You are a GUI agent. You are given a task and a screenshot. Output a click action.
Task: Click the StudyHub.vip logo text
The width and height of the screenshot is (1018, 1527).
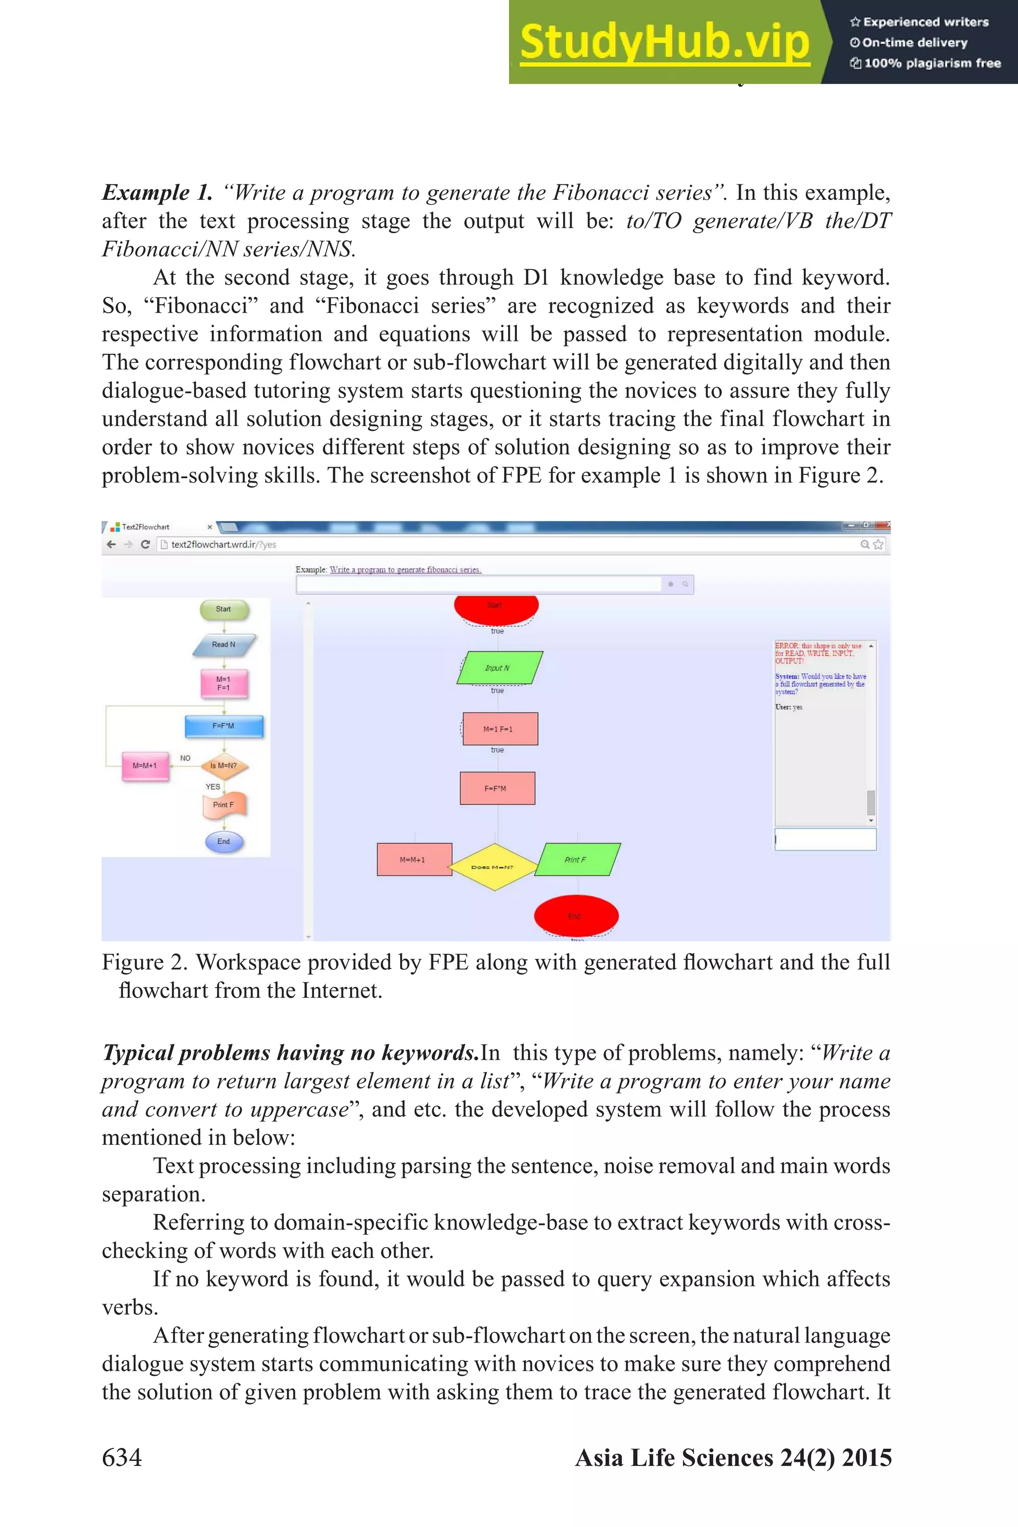[x=664, y=43]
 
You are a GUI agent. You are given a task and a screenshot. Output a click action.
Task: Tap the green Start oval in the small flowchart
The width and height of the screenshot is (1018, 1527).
[x=223, y=609]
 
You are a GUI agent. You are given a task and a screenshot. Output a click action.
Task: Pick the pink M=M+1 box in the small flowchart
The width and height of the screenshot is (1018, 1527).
[x=145, y=766]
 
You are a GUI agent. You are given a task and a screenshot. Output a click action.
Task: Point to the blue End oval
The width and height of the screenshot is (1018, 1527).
[x=223, y=842]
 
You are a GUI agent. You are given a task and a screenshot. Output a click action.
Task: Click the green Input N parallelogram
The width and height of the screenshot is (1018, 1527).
[x=499, y=668]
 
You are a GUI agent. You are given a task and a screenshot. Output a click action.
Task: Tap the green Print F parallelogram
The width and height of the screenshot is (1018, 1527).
[x=577, y=859]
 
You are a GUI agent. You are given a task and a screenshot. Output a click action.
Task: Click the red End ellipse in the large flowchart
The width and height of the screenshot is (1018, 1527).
[x=575, y=916]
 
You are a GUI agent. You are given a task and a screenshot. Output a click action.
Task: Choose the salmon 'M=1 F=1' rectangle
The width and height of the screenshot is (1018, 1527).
[x=499, y=728]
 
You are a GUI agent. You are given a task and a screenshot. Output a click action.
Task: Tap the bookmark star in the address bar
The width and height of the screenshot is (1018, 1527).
[x=878, y=545]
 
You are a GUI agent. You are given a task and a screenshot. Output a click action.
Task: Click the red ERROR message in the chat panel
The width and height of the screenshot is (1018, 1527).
[x=818, y=653]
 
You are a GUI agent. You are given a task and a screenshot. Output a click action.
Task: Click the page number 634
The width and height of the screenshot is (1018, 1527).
[x=121, y=1457]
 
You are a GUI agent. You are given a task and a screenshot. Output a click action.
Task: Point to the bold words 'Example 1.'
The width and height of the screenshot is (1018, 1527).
[x=157, y=193]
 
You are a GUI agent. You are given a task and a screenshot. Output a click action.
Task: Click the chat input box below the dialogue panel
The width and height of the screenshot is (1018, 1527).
[x=825, y=840]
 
